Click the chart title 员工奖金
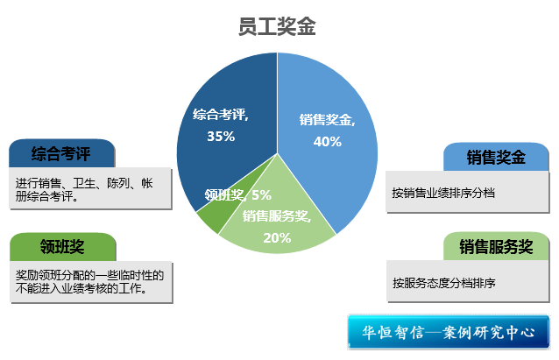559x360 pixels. pyautogui.click(x=277, y=26)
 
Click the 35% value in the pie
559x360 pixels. pyautogui.click(x=221, y=136)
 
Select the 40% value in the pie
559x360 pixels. pyautogui.click(x=328, y=142)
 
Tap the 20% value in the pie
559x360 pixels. pyautogui.click(x=277, y=237)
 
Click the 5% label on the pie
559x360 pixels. pyautogui.click(x=262, y=195)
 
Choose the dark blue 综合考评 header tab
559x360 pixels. pyautogui.click(x=61, y=153)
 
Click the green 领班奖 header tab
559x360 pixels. pyautogui.click(x=62, y=247)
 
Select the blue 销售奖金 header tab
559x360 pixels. pyautogui.click(x=496, y=157)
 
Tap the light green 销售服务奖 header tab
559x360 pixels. pyautogui.click(x=496, y=247)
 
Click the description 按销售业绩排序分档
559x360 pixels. pyautogui.click(x=443, y=193)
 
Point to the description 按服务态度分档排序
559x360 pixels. pyautogui.click(x=444, y=283)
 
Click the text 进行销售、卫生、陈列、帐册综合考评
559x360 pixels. pyautogui.click(x=84, y=189)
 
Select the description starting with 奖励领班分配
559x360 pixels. pyautogui.click(x=89, y=281)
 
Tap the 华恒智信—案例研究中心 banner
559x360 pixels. pyautogui.click(x=449, y=332)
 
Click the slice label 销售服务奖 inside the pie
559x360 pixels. pyautogui.click(x=277, y=216)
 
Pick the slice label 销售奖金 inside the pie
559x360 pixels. pyautogui.click(x=327, y=120)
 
